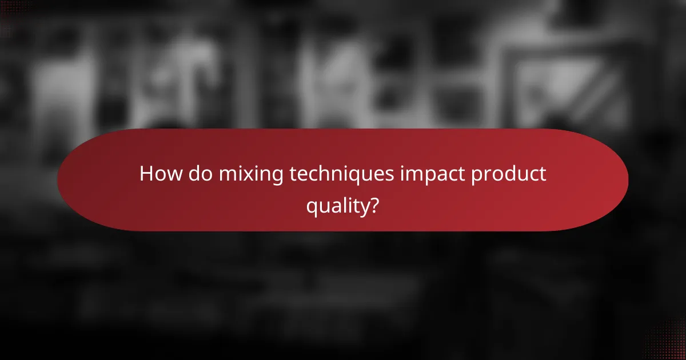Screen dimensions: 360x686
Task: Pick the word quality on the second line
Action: pyautogui.click(x=336, y=206)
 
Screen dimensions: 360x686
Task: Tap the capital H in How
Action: pyautogui.click(x=147, y=174)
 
